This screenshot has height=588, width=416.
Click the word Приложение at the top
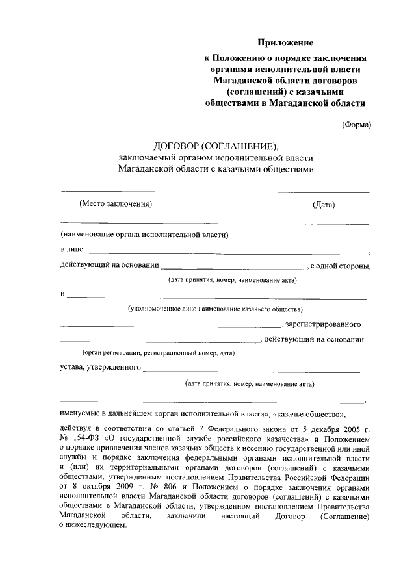click(x=285, y=43)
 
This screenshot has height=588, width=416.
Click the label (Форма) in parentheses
click(x=357, y=125)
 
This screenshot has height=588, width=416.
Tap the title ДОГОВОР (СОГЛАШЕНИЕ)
click(x=216, y=145)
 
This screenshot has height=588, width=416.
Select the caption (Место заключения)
click(x=115, y=204)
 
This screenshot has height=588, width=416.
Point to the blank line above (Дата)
click(x=324, y=192)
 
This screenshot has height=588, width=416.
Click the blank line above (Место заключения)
click(x=115, y=191)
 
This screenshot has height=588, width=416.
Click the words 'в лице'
click(x=71, y=250)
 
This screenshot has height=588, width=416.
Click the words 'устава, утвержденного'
click(x=100, y=368)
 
